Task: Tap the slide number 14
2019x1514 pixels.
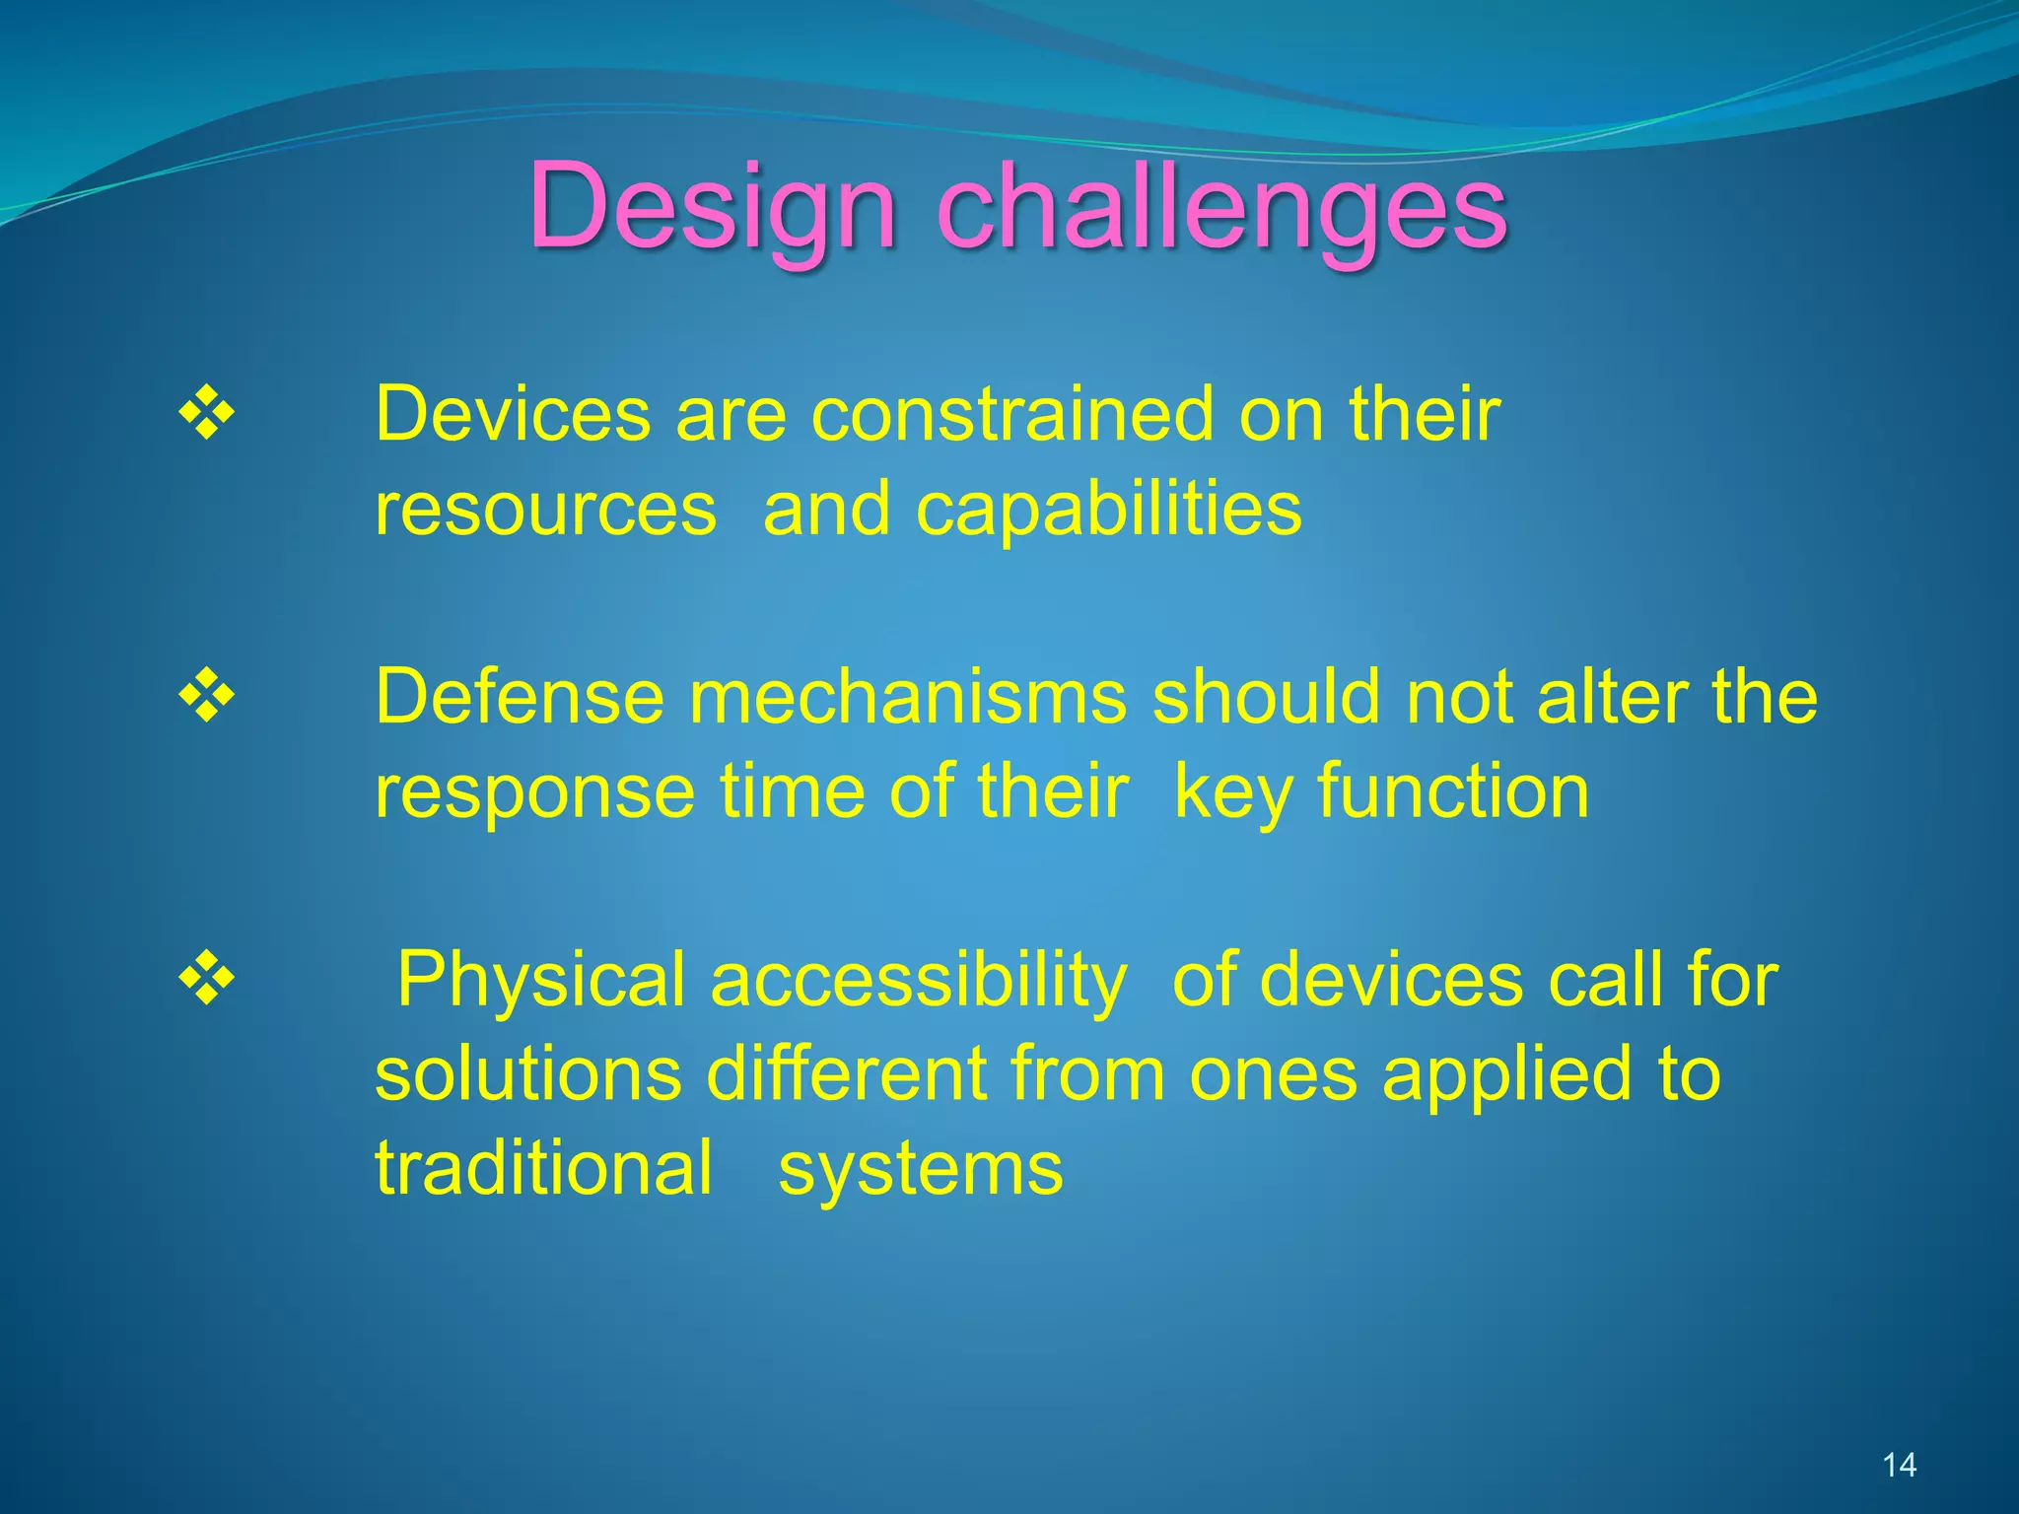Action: [1899, 1466]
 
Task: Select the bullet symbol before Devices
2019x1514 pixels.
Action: [207, 413]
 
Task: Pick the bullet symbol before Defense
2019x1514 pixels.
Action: [207, 696]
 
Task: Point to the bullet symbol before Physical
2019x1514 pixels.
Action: [207, 979]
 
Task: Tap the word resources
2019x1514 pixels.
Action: [545, 510]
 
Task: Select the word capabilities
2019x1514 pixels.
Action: [1109, 510]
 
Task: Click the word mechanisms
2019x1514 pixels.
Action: [908, 696]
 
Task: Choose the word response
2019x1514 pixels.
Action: [535, 793]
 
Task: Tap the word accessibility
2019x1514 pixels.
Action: [918, 981]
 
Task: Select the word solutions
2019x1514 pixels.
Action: [528, 1073]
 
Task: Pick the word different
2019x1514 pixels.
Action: [847, 1073]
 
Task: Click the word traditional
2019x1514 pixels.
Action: [543, 1168]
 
